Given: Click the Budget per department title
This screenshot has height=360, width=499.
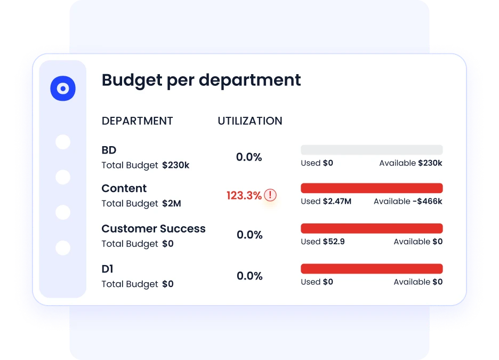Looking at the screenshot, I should pos(201,80).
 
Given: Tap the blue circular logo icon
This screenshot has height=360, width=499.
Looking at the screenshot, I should pos(63,89).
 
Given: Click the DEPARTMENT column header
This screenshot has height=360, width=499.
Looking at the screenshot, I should pos(137,121).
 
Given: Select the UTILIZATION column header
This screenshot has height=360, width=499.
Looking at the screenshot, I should pos(249,121).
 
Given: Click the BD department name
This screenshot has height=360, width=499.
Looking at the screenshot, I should pos(109,150).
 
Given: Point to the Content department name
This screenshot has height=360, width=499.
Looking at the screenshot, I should pos(124,188).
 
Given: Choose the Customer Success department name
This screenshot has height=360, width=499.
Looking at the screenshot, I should pos(153,229).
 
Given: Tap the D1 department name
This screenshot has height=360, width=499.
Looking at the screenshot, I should pos(107,269).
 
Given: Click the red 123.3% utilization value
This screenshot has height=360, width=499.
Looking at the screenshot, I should pos(244,196).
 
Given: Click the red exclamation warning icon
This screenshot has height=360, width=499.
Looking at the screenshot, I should pos(271,195).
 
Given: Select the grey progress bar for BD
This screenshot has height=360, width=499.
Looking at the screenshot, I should pos(372,150).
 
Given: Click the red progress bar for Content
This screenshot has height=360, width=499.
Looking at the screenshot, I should pos(372,188).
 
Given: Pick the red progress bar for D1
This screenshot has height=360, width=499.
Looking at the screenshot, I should pos(372,269).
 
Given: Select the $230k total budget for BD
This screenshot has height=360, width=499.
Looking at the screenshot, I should pos(175,165).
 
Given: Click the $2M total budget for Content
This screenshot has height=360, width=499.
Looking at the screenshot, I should pos(171,204).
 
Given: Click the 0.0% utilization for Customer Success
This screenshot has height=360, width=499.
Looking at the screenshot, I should pos(249,235).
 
